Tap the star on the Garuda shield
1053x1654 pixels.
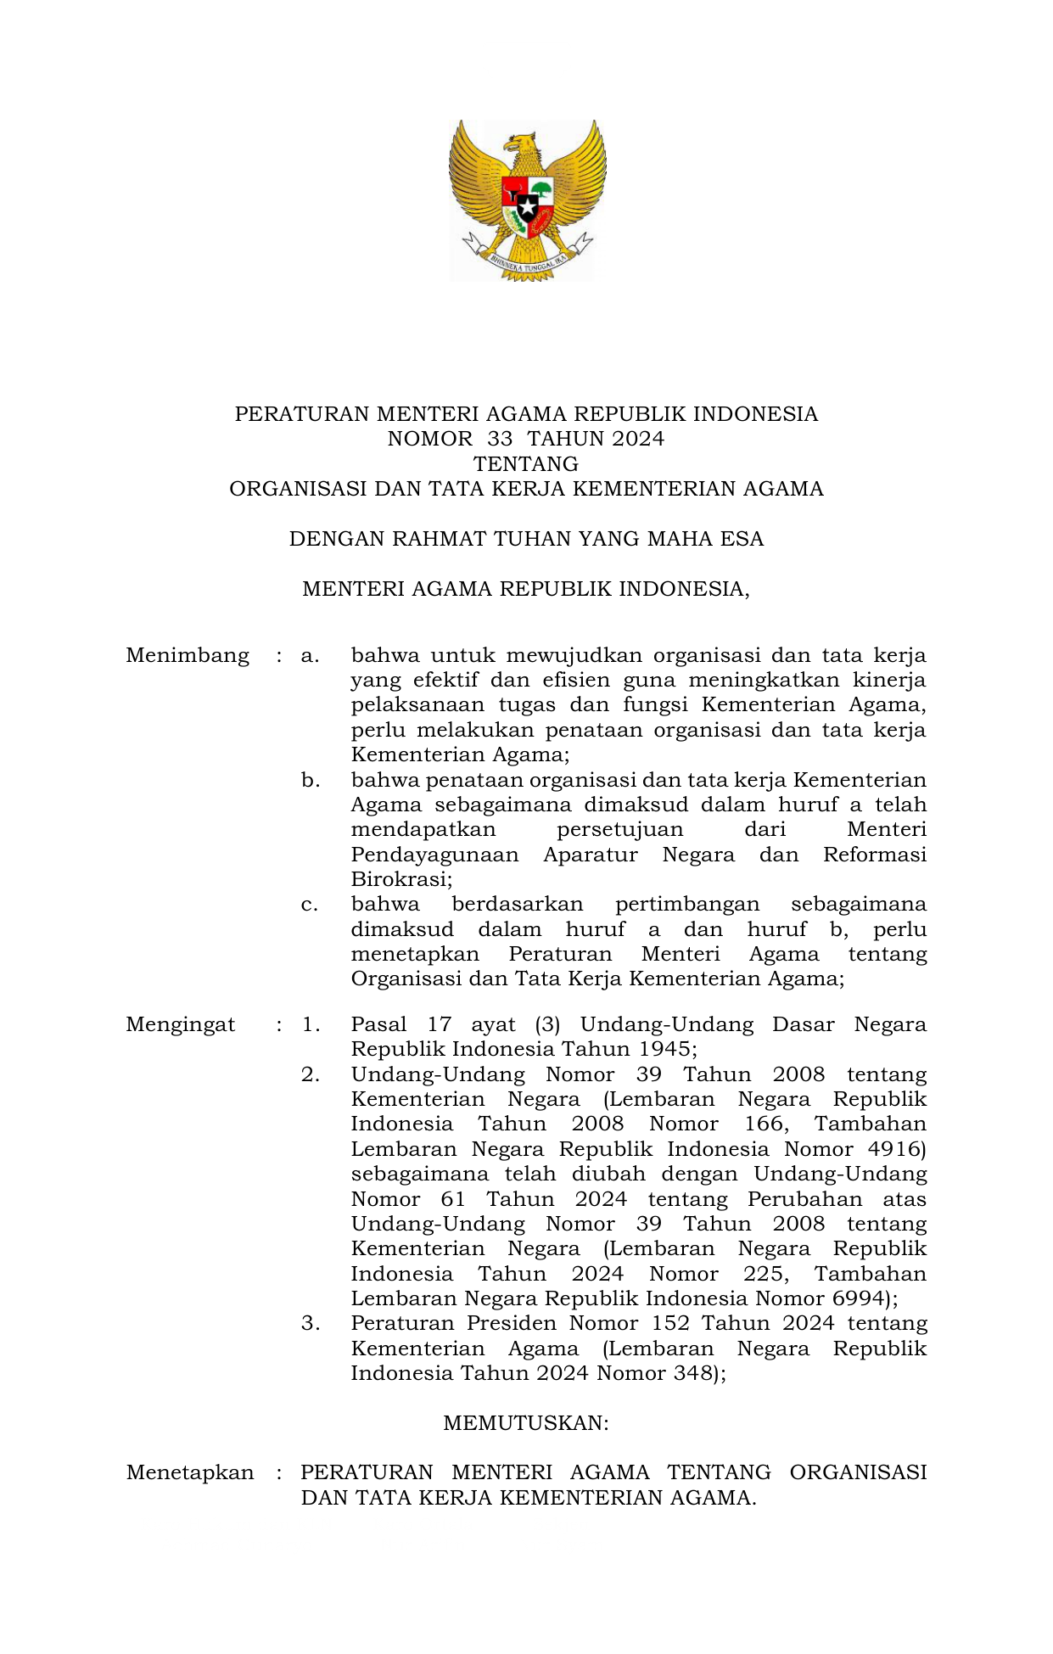[527, 207]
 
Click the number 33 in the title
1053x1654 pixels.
[500, 439]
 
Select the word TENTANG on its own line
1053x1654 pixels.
[526, 464]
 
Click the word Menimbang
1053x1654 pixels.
[188, 656]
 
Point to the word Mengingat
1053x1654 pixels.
[181, 1024]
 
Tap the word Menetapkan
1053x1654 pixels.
[190, 1472]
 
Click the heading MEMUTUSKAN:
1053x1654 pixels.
[526, 1423]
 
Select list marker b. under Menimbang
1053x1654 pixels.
[311, 780]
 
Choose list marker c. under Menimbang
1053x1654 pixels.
[310, 905]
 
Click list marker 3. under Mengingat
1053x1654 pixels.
[311, 1323]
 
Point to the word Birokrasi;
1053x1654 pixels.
[401, 879]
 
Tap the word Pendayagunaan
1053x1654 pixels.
[434, 855]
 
